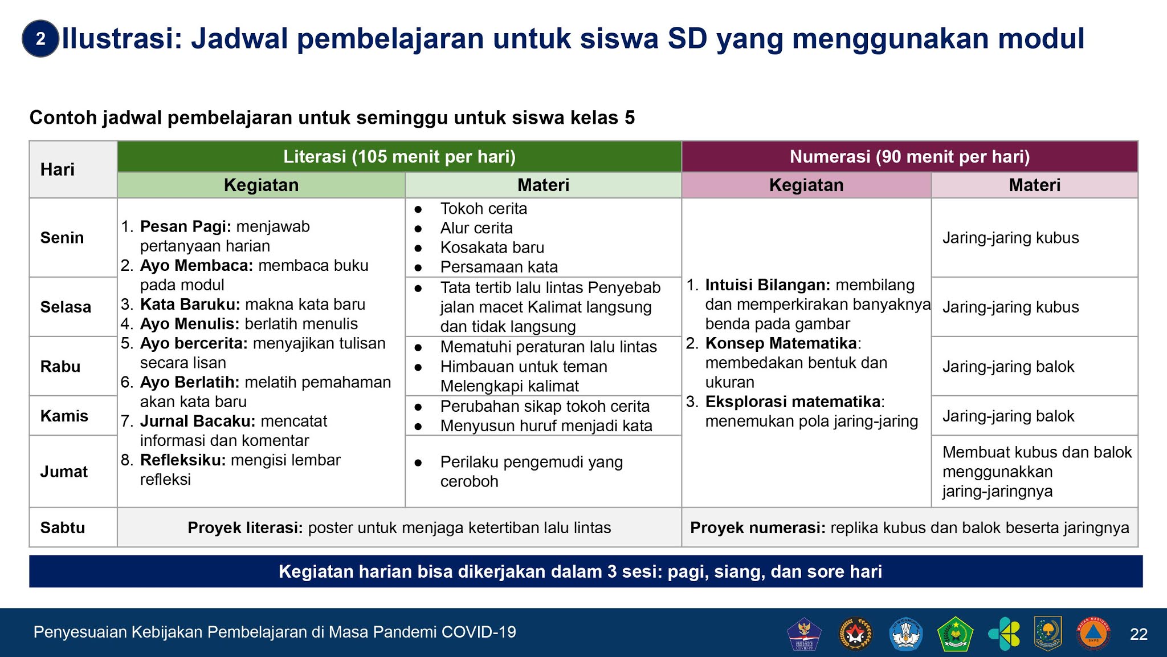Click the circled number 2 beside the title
(40, 39)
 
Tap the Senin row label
(62, 238)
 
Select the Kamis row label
(64, 416)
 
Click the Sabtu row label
(63, 528)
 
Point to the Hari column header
(58, 169)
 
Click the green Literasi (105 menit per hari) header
(399, 157)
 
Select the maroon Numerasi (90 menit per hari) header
(910, 157)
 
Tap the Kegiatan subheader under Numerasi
(806, 185)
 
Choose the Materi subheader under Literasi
(544, 185)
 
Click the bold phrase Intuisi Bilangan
(768, 285)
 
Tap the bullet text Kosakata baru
(492, 248)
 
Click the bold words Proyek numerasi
(758, 528)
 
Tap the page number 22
(1139, 634)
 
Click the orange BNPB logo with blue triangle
(1093, 634)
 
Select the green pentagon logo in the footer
(955, 634)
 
